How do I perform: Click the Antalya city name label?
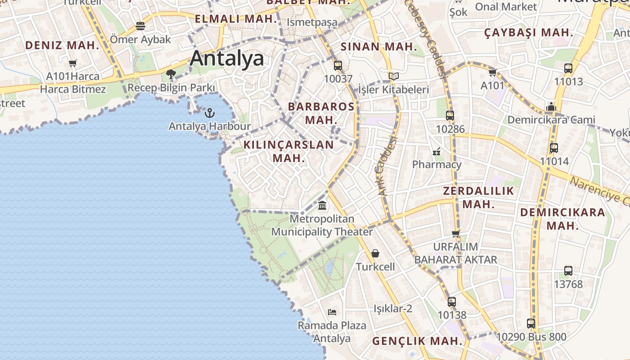coord(227,59)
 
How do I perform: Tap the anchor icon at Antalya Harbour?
coord(209,112)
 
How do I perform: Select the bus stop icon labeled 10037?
coord(338,66)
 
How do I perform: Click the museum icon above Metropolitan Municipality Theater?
coord(322,206)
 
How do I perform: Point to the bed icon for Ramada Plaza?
coord(332,312)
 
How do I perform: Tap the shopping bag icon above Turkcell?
coord(375,253)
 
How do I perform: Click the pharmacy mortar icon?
coord(436,151)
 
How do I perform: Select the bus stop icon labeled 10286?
coord(450,116)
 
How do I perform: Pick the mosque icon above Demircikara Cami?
coord(551,107)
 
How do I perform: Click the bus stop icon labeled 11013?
coord(568,68)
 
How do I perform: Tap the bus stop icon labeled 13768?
coord(568,271)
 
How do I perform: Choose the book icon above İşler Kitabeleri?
coord(394,76)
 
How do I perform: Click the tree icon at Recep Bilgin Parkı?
coord(171,74)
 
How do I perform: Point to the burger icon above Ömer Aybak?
coord(140,26)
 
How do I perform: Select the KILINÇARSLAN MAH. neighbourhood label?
coord(289,151)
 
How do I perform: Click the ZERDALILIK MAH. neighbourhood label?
coord(478,197)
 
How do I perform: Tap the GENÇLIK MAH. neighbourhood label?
coord(417,341)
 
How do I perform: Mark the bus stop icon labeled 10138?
coord(452,302)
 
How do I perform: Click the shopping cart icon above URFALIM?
coord(456,234)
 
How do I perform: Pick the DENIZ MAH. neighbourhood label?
coord(62,45)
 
